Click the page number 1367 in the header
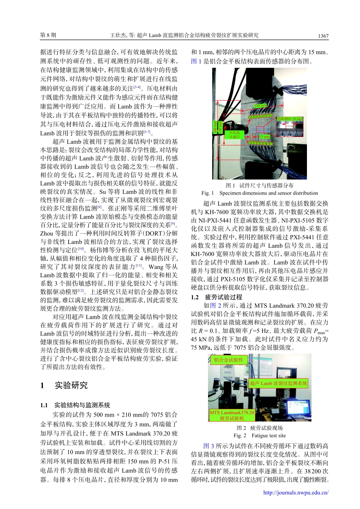(323, 36)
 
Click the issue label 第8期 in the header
(48, 35)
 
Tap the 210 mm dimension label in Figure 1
(260, 106)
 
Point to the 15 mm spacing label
(265, 136)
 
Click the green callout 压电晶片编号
(234, 135)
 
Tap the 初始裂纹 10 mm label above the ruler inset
(290, 119)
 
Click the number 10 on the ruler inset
(290, 134)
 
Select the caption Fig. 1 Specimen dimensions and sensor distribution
(260, 193)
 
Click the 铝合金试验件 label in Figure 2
(228, 360)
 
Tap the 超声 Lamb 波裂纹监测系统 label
(279, 383)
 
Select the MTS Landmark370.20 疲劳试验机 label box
(232, 415)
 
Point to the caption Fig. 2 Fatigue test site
(260, 436)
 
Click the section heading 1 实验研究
(64, 386)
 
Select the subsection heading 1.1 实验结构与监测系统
(75, 405)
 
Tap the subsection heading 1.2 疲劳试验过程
(216, 297)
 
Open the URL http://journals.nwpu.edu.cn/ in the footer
(296, 493)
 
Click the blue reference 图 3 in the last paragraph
(208, 446)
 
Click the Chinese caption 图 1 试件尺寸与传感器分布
(260, 186)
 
